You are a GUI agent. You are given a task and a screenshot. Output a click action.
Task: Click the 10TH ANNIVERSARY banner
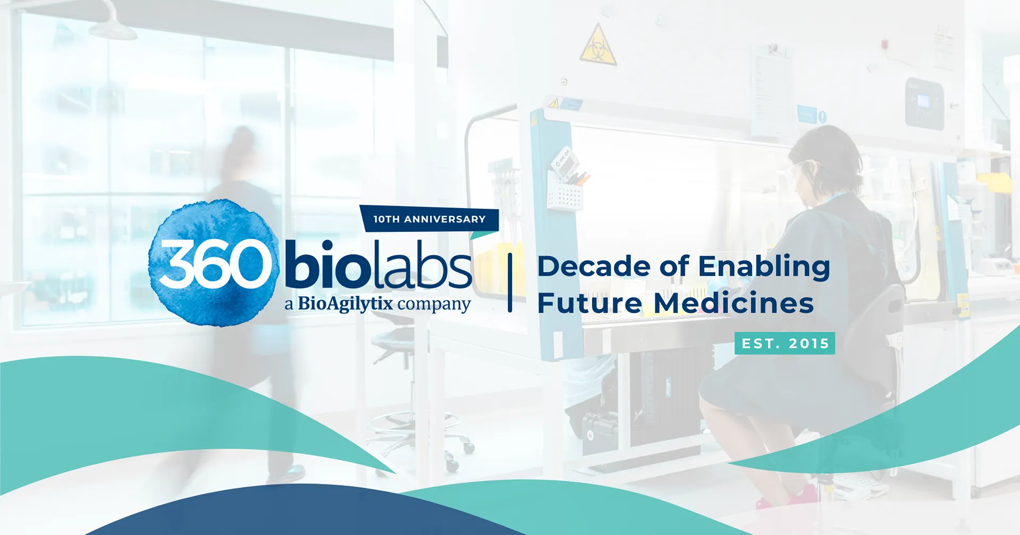point(429,219)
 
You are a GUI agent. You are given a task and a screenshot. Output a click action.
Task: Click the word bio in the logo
point(327,263)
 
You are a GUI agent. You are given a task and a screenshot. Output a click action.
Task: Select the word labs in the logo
point(422,263)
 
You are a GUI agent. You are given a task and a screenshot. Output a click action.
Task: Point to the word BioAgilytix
point(345,304)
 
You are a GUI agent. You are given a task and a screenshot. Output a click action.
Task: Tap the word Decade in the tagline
point(594,266)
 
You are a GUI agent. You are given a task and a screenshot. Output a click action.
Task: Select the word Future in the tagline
point(590,303)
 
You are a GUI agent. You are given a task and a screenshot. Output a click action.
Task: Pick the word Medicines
point(734,303)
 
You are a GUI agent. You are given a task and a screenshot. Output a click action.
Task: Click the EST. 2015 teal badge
point(785,343)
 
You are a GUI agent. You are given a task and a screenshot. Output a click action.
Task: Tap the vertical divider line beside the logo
point(510,282)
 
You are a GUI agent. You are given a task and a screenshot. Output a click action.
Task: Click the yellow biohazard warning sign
point(598,45)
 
